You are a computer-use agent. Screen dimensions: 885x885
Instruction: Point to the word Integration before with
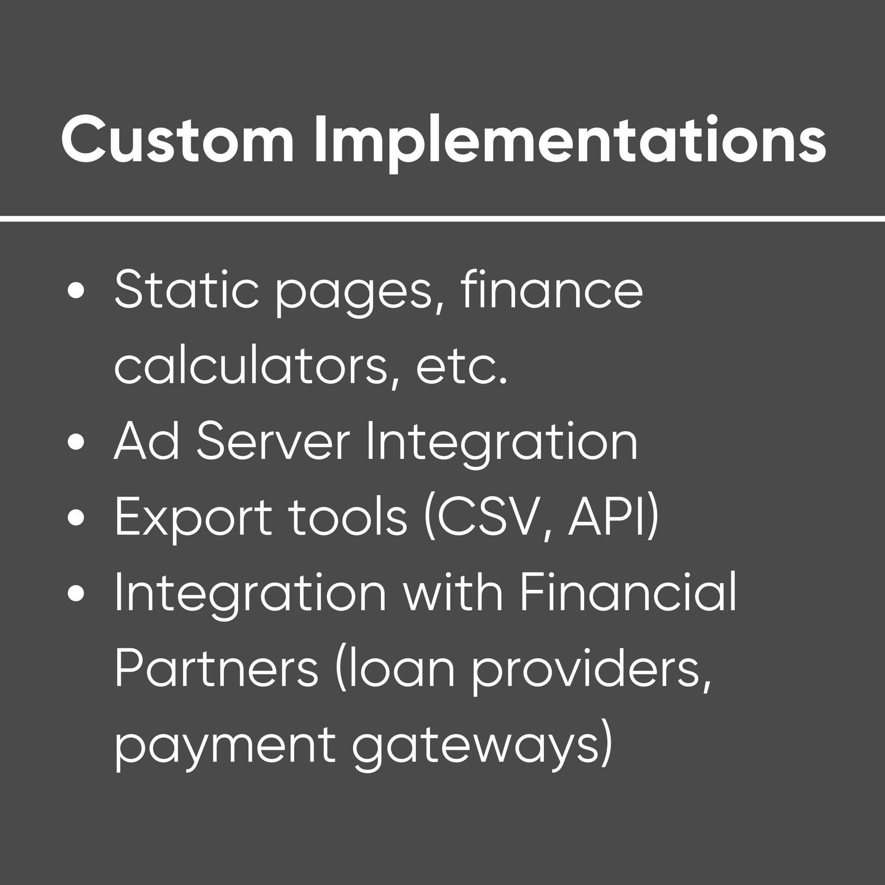[x=250, y=594]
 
